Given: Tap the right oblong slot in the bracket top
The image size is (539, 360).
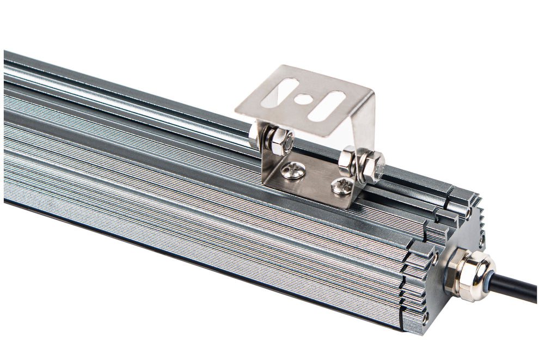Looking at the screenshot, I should pos(326,106).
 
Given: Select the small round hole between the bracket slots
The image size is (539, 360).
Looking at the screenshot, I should pos(303,99).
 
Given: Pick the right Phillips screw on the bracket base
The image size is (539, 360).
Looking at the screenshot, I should pos(342,186).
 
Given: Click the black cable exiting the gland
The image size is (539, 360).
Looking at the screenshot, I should pos(517,289).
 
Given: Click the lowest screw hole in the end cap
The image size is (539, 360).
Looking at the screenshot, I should pos(426,316).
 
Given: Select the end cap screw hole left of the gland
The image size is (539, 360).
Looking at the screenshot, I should pos(436,254).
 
